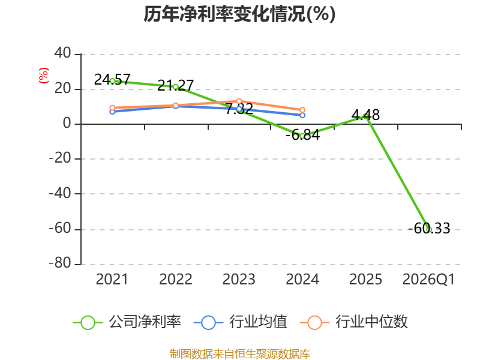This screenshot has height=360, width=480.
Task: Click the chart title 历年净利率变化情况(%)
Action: point(239,14)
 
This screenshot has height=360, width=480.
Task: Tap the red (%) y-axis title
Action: point(43,76)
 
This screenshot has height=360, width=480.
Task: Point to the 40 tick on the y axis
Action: point(63,53)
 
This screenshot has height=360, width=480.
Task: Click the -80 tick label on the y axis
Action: point(60,263)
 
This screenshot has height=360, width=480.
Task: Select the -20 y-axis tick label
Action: point(60,158)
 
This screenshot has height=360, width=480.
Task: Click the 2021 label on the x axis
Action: point(112,279)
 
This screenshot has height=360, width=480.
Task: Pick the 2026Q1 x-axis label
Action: point(428,279)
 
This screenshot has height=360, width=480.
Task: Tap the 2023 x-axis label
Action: point(239,279)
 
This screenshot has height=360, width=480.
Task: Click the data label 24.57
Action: point(112,80)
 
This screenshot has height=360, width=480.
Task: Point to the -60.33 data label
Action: point(429,229)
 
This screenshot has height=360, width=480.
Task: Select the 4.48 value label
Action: point(365,115)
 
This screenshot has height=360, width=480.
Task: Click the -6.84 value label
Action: point(303,135)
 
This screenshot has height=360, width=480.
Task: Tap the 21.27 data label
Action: point(176,85)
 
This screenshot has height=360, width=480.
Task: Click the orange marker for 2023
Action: point(239,101)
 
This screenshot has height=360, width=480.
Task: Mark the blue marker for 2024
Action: point(302,115)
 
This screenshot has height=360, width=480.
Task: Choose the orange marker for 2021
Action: point(112,108)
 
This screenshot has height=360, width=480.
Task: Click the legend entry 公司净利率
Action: point(127,322)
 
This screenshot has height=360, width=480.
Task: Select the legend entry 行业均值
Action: point(241,322)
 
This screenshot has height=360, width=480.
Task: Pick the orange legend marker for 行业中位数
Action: point(314,323)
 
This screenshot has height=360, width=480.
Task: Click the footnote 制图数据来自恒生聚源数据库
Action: point(240,354)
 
